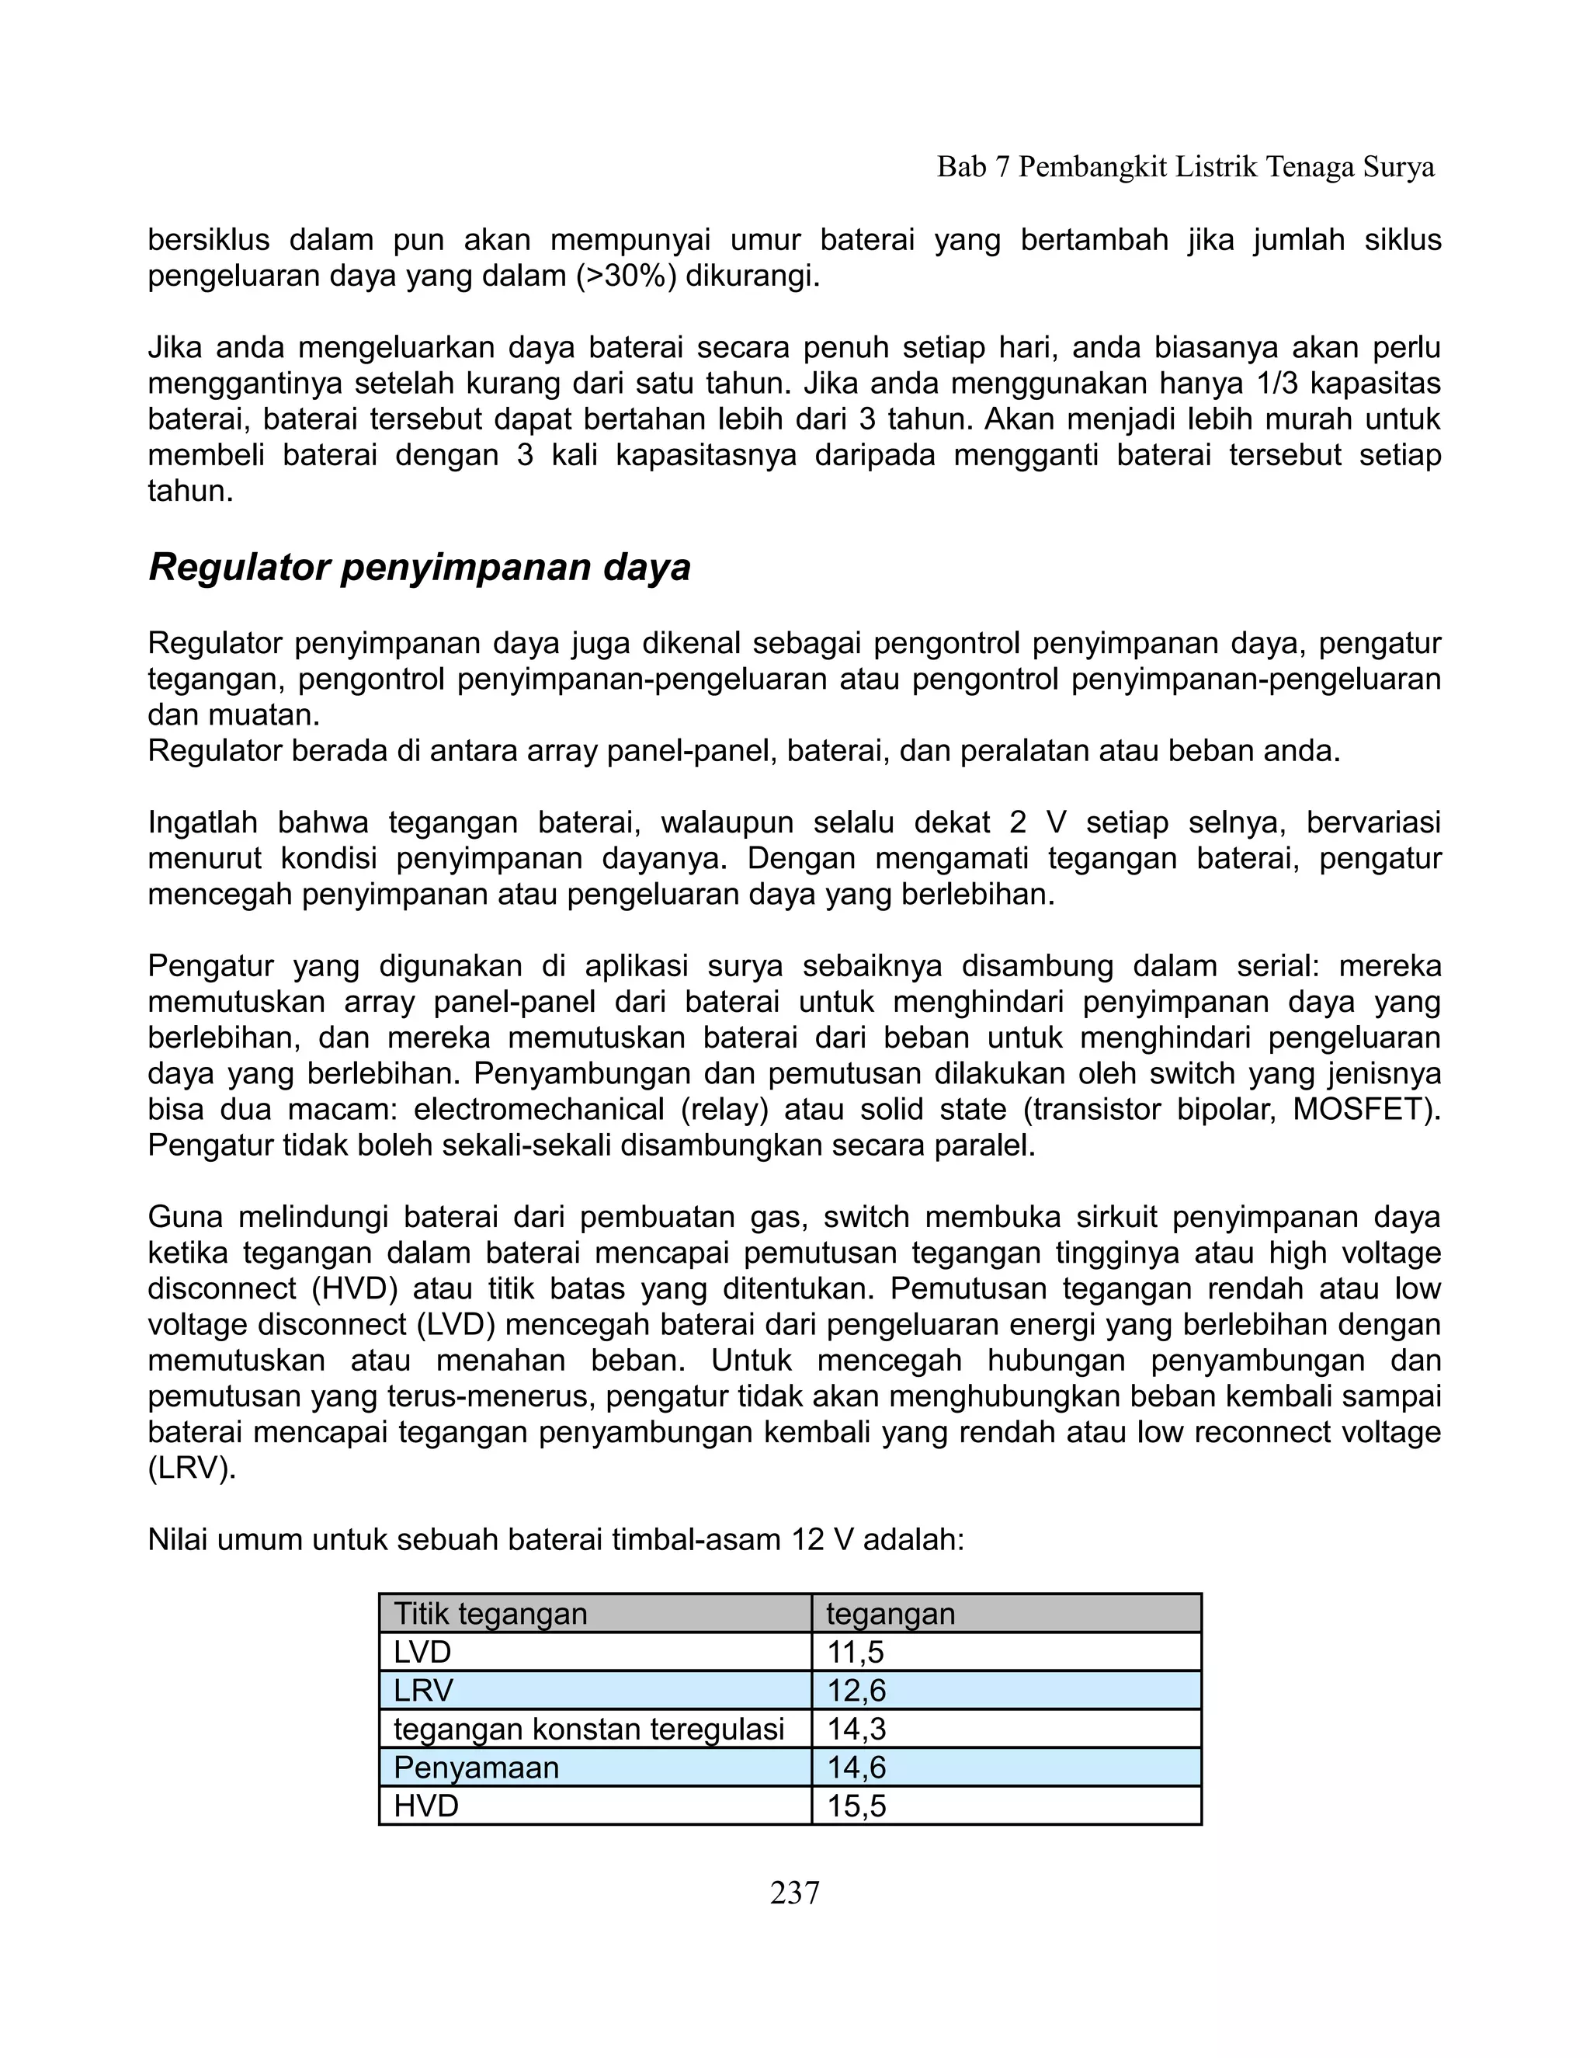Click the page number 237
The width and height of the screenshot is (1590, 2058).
point(794,1892)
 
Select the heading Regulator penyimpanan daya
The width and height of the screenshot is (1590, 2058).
point(419,567)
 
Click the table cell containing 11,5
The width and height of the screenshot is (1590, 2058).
point(1005,1652)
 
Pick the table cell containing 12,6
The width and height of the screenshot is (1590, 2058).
point(1005,1691)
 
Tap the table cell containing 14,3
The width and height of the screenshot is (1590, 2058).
point(1005,1729)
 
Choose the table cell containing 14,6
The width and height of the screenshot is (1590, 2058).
point(1005,1767)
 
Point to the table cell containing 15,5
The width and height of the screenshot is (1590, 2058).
point(1005,1806)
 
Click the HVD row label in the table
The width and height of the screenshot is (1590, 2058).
point(425,1806)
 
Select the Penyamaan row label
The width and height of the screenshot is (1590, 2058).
point(476,1767)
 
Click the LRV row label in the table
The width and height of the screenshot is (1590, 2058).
point(423,1691)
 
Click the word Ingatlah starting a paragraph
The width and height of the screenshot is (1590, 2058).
point(203,822)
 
